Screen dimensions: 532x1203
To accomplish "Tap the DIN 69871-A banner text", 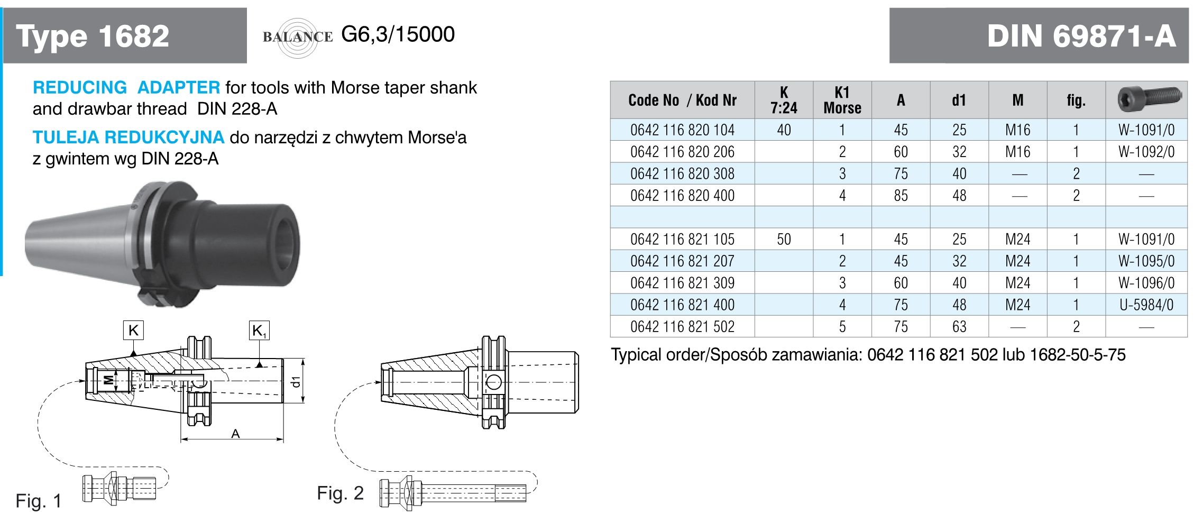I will (x=1081, y=36).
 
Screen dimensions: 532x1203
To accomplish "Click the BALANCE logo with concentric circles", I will (x=298, y=37).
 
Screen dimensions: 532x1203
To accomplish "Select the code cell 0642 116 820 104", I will (x=682, y=130).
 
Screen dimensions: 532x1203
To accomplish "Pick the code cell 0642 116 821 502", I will (x=682, y=327).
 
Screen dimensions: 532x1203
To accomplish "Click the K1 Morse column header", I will (x=842, y=100).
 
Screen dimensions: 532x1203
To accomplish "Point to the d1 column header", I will (x=959, y=100).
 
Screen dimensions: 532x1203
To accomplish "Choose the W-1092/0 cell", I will (x=1146, y=152).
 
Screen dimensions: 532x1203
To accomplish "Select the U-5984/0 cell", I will (x=1146, y=305).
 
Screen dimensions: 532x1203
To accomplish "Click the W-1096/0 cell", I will (x=1146, y=283).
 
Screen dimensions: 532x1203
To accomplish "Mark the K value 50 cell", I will (x=784, y=240).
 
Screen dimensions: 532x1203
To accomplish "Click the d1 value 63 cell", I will (x=959, y=327).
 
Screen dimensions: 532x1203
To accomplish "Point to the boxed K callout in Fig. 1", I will (x=133, y=331).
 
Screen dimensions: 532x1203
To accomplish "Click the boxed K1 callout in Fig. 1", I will (x=259, y=331).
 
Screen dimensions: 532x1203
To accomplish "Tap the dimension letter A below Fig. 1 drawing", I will (x=235, y=434).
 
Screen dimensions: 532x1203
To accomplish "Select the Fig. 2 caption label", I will (x=340, y=493).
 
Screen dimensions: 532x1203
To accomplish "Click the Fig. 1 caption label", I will (x=39, y=501).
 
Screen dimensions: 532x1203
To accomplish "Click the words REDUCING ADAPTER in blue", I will (x=126, y=87).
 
